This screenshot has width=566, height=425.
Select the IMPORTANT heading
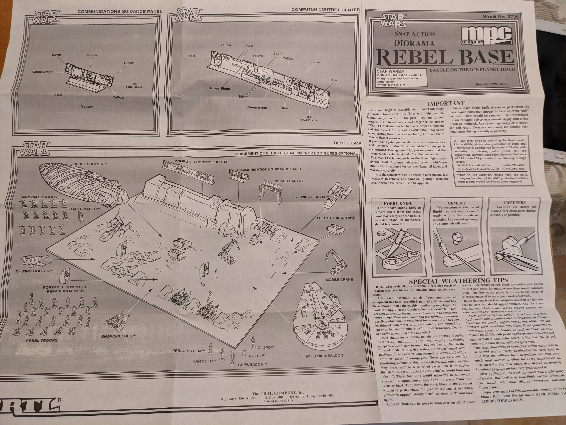pos(446,103)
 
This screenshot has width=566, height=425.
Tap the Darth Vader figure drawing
pos(80,218)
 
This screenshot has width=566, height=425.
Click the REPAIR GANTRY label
pos(289,181)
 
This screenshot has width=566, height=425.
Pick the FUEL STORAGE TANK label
pos(336,218)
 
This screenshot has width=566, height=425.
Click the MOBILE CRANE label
pos(339,280)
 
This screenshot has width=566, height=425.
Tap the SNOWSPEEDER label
pos(118,336)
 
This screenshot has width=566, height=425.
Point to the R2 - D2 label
pos(257,356)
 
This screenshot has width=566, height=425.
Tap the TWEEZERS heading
pos(514,203)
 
